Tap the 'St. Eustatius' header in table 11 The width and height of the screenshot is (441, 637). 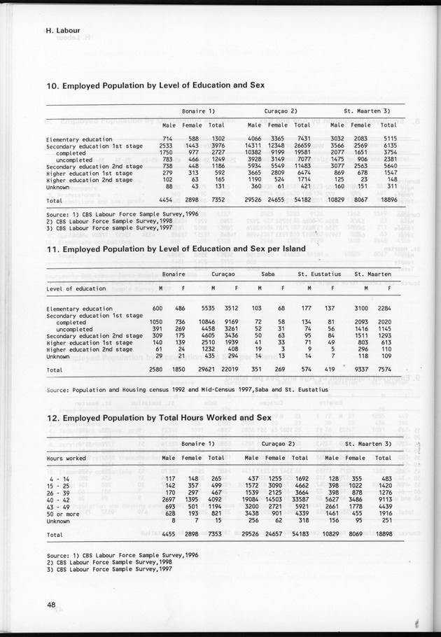click(318, 274)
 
